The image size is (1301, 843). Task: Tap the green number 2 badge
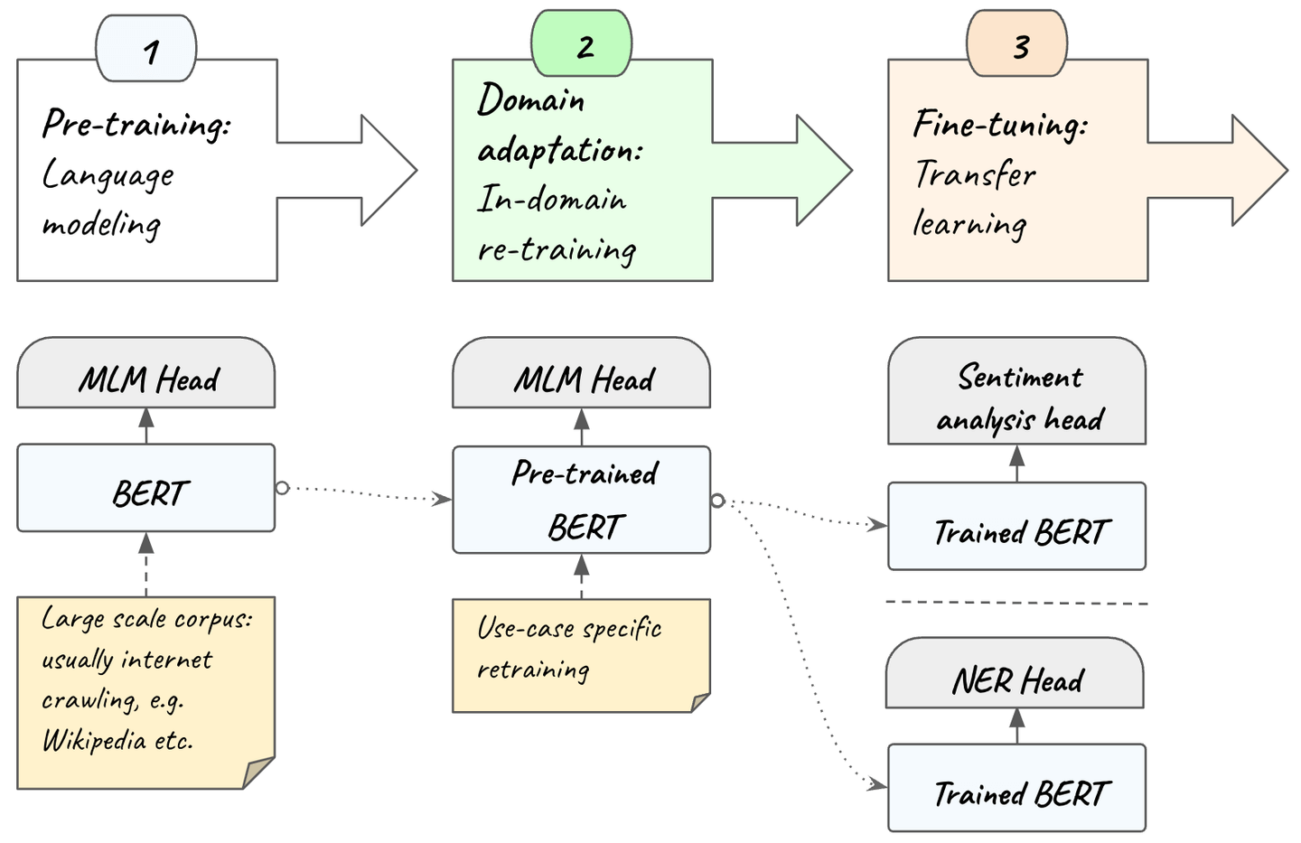point(582,45)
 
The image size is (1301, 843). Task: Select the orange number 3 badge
point(1017,45)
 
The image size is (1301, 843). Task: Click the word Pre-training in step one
point(136,124)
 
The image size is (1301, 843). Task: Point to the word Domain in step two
point(530,99)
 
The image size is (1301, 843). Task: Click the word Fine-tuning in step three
point(999,124)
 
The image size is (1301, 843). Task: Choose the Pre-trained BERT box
point(582,500)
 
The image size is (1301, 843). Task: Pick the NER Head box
point(1016,678)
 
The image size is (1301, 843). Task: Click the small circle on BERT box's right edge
point(282,488)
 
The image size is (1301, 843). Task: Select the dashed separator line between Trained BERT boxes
point(1017,602)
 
